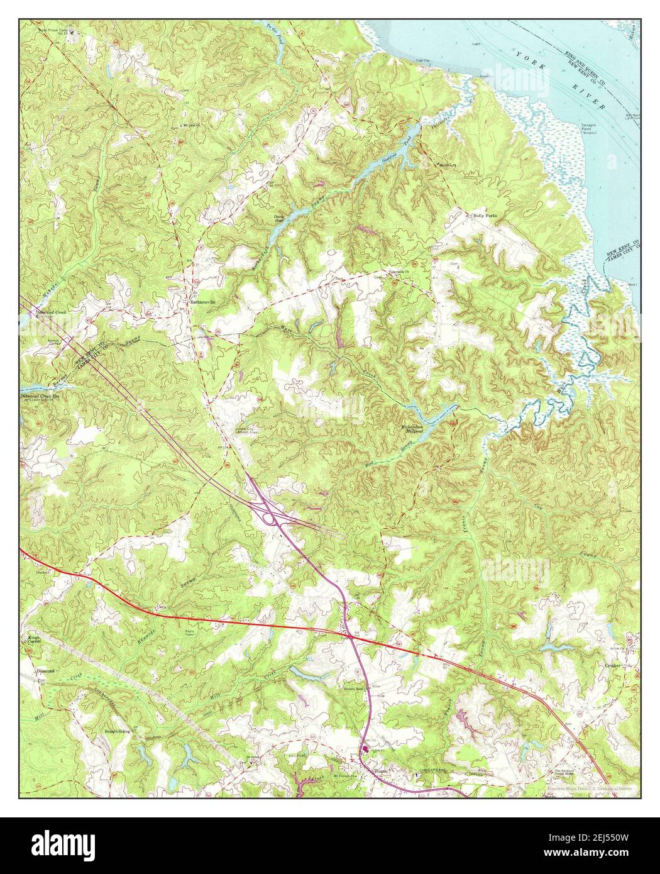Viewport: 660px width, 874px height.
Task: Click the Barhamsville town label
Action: (x=207, y=302)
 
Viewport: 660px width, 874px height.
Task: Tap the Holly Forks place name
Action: (x=485, y=216)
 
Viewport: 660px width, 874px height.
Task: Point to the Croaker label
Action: (x=613, y=665)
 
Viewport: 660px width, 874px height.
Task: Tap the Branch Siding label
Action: (x=117, y=732)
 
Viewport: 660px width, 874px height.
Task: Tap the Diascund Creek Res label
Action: (x=41, y=397)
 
